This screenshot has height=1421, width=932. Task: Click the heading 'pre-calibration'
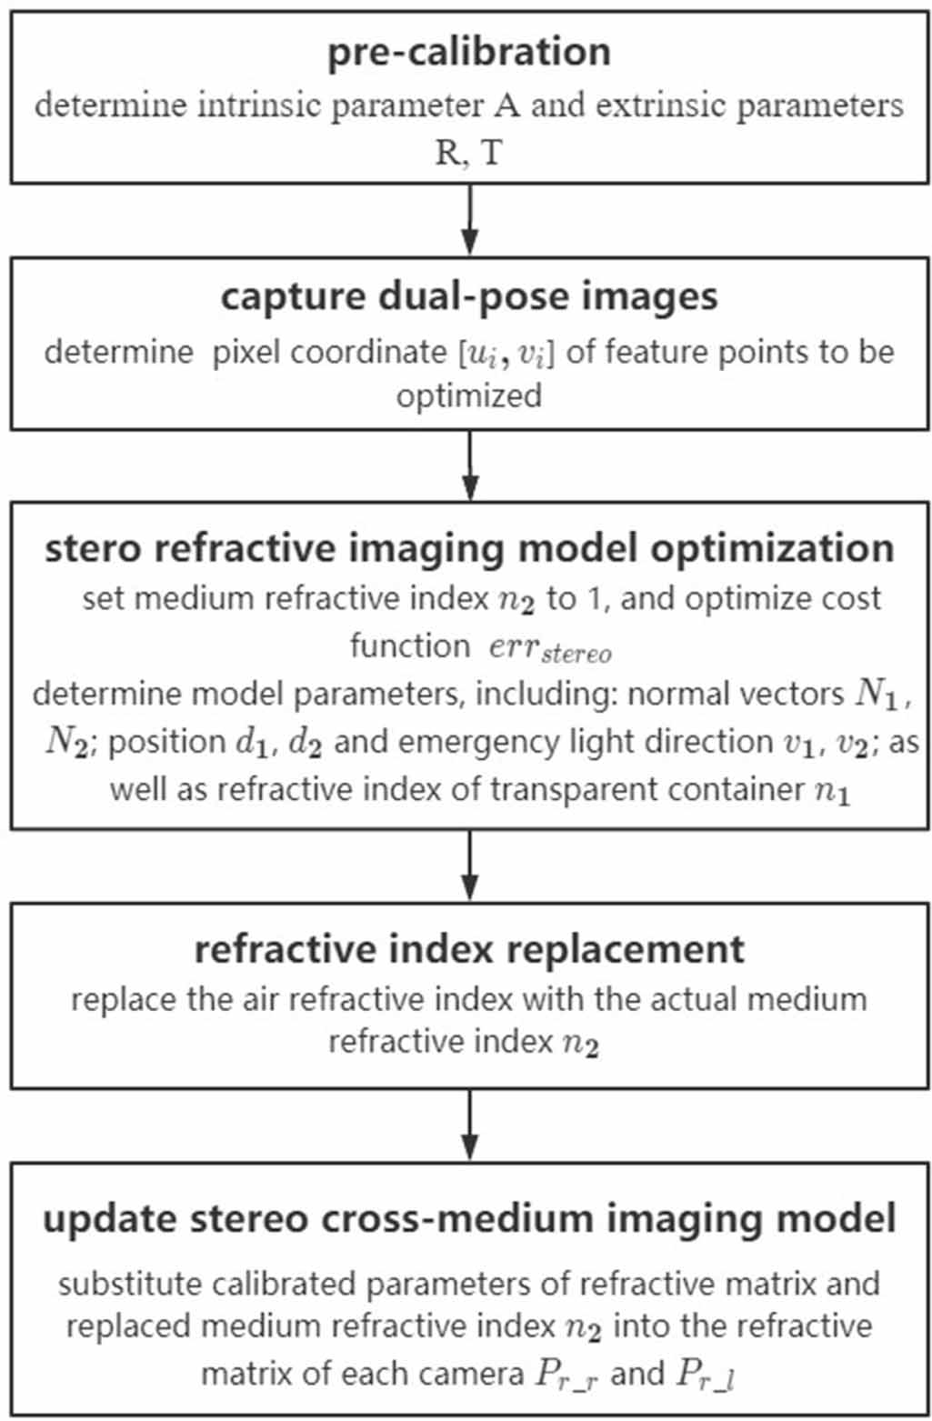click(468, 52)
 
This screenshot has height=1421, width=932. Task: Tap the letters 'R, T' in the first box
click(468, 152)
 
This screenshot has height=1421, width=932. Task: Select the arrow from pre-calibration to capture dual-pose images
click(469, 219)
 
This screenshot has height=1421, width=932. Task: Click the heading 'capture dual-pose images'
click(468, 297)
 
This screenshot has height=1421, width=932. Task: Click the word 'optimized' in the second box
click(468, 395)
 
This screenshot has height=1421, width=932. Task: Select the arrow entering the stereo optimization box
click(469, 465)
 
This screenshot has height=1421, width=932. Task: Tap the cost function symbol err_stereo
click(550, 648)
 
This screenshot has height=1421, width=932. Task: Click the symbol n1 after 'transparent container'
click(831, 790)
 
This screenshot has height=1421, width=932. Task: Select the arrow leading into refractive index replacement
click(469, 865)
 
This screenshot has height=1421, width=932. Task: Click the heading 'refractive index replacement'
click(468, 949)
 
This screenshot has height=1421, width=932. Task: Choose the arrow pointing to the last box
click(469, 1124)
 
